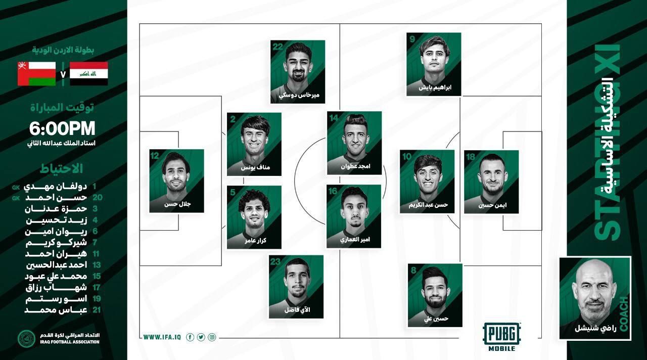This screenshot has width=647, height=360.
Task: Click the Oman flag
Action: coord(36,73)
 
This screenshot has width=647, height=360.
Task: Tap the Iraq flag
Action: coord(88,73)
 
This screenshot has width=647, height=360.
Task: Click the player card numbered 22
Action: coord(297,71)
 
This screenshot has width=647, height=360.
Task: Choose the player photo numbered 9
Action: coord(434,64)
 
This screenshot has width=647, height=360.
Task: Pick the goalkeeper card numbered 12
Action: coord(176,181)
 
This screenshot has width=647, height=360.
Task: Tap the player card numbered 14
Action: coord(354,143)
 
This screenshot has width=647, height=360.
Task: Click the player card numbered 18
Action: coord(491,182)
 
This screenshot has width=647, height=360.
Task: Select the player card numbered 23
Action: coord(296,287)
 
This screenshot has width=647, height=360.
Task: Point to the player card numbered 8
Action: coord(435,295)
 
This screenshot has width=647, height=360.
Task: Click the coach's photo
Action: coord(594,298)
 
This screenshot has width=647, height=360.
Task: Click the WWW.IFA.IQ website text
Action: coord(160,337)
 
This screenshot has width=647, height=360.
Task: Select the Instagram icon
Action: coord(212,337)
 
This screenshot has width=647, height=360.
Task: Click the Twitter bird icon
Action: coord(201,337)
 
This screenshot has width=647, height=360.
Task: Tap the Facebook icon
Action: coord(190,337)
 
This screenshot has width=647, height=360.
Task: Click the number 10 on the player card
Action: coord(407,156)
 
